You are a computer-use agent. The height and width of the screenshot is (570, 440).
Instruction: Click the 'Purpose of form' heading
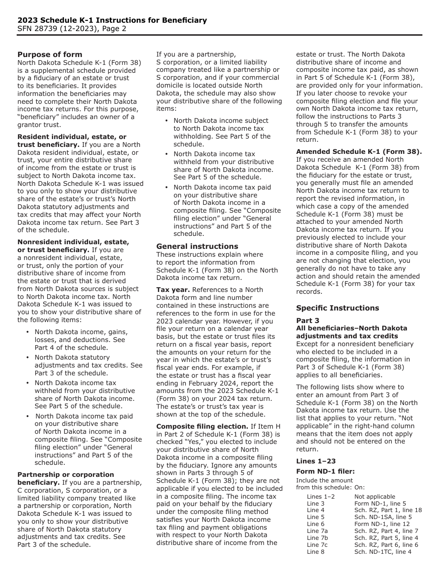pyautogui.click(x=50, y=54)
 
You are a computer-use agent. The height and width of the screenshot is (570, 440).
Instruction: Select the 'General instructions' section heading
pyautogui.click(x=197, y=246)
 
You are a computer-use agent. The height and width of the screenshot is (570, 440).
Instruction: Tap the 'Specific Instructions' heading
pyautogui.click(x=337, y=308)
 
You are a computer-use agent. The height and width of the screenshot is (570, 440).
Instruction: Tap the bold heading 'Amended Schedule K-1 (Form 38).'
pyautogui.click(x=359, y=152)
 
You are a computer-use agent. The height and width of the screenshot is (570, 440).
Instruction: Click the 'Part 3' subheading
pyautogui.click(x=308, y=321)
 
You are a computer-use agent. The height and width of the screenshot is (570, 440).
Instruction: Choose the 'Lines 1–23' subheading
pyautogui.click(x=316, y=461)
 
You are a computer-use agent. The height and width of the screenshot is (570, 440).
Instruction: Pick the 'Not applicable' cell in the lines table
pyautogui.click(x=375, y=496)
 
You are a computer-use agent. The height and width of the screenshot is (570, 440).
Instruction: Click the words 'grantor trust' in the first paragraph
pyautogui.click(x=39, y=125)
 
